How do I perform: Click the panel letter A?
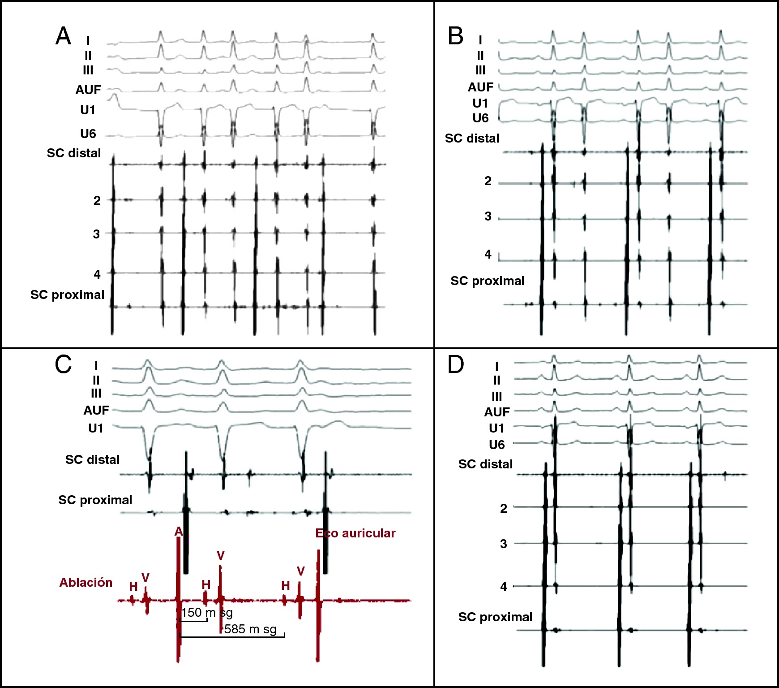coord(63,36)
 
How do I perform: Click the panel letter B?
coord(455,36)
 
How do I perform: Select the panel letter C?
coord(63,364)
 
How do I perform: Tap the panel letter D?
coord(456,364)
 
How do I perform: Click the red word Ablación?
coord(86,582)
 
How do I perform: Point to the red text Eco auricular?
coord(355,533)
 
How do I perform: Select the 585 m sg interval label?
coord(250,629)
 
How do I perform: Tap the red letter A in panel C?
coord(179,532)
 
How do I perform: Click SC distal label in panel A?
coord(74,153)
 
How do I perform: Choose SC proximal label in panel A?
coord(67,294)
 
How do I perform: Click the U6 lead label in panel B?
coord(480,118)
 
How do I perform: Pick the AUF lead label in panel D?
coord(497,411)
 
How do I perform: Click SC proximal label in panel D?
coord(495,617)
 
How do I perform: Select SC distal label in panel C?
coord(92,459)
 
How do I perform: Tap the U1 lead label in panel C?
coord(96,428)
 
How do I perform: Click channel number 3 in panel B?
coord(488,216)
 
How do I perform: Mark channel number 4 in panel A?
coord(97,274)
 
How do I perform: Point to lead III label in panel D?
coord(497,397)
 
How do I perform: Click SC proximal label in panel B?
coord(487,281)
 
